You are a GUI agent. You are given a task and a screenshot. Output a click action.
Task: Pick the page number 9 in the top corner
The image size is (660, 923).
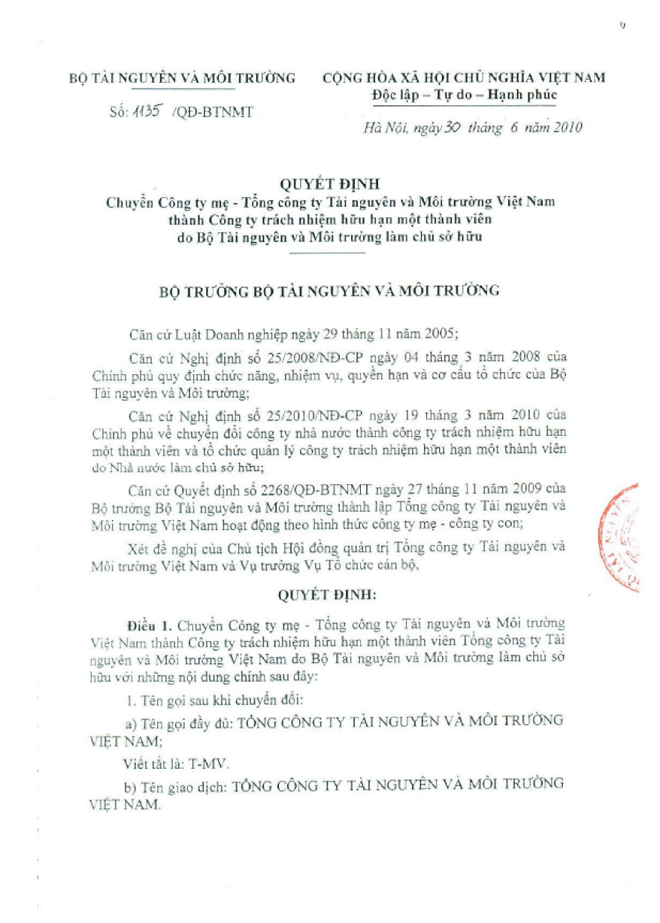pyautogui.click(x=623, y=26)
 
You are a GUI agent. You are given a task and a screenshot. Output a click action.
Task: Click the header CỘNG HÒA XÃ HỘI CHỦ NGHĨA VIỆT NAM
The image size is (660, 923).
pyautogui.click(x=464, y=78)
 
